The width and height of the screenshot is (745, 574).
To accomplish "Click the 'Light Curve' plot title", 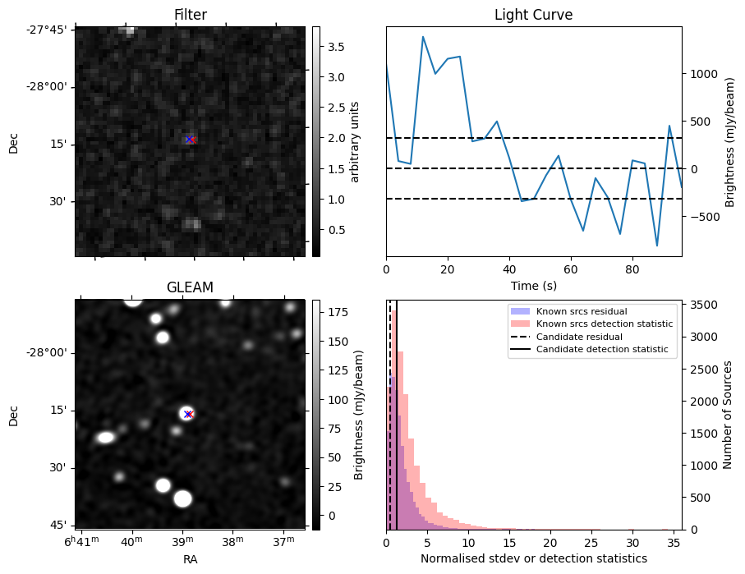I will click(533, 15).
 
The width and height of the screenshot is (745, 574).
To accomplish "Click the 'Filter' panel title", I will click(190, 15).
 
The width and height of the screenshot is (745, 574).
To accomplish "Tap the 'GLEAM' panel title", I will click(190, 287).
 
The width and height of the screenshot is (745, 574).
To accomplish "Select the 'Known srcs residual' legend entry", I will click(581, 311).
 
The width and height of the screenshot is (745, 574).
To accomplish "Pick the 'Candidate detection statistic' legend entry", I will click(601, 350).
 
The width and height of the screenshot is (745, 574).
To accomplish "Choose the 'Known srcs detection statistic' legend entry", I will click(604, 324).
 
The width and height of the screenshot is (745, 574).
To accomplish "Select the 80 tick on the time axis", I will click(632, 268).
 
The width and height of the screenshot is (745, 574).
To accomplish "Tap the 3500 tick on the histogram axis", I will click(704, 305).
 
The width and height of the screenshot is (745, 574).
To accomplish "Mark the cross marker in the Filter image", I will click(190, 140).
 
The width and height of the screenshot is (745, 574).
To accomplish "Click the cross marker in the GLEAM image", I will click(188, 414).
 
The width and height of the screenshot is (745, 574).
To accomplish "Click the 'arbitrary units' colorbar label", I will click(355, 141).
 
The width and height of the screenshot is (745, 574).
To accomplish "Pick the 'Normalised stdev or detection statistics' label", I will click(533, 558).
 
